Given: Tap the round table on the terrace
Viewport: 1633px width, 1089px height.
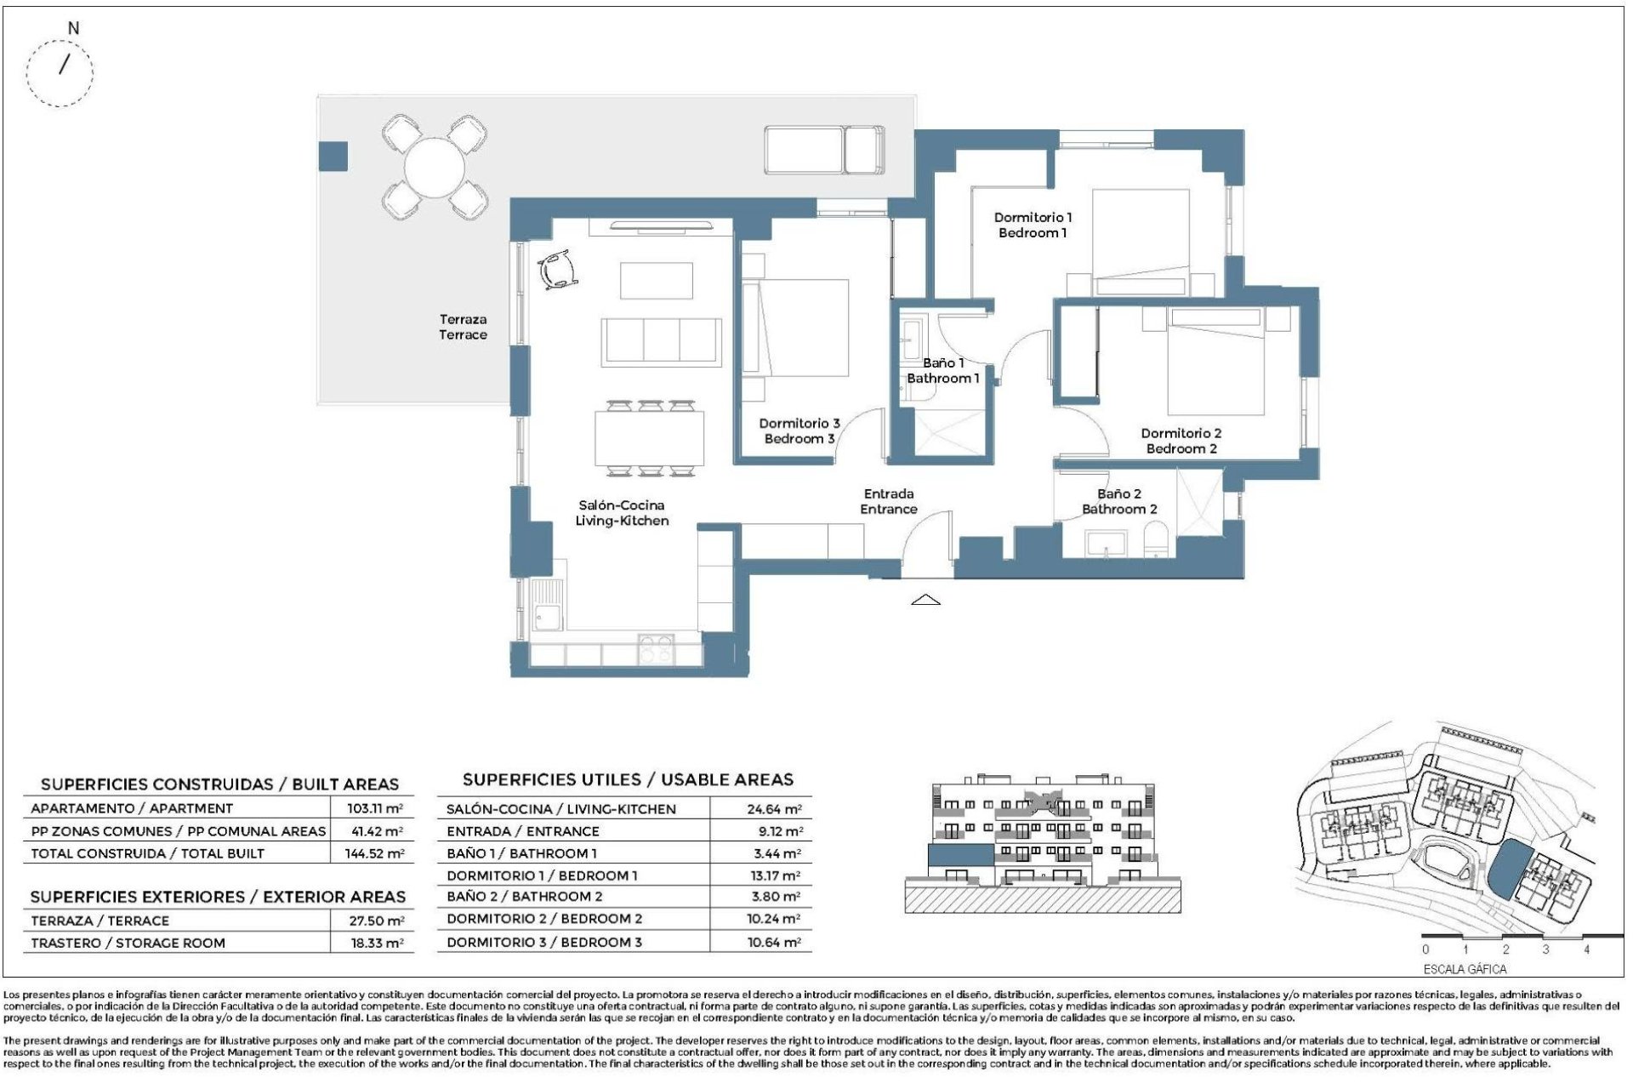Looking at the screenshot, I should [434, 167].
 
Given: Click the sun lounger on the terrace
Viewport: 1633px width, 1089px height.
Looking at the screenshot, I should [823, 151].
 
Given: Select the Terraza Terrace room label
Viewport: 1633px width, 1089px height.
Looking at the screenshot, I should [463, 327].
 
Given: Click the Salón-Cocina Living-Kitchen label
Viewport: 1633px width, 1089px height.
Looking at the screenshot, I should [622, 513].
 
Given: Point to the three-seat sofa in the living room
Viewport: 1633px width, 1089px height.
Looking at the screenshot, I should [662, 342].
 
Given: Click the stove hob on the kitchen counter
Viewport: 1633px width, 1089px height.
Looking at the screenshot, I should [656, 650].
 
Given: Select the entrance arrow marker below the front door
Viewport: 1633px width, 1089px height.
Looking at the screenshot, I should [925, 601].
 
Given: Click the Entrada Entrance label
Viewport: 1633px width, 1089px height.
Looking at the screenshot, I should [888, 501].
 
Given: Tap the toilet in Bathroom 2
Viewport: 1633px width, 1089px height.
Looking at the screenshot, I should [1156, 542].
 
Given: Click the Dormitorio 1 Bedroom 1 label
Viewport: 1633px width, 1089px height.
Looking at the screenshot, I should [1033, 225].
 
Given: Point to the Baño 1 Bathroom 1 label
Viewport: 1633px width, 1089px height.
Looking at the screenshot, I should [942, 370].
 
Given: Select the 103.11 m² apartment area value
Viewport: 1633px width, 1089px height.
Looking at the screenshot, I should [374, 808].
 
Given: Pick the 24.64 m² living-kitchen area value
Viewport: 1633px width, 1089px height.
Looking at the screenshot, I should [773, 809].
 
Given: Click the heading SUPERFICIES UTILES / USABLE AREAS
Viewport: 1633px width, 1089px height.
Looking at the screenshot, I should [628, 779].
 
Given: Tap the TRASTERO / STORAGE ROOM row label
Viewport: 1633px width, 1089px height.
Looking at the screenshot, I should [128, 943].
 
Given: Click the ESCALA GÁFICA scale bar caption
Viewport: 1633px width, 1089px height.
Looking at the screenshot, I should [1465, 969].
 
